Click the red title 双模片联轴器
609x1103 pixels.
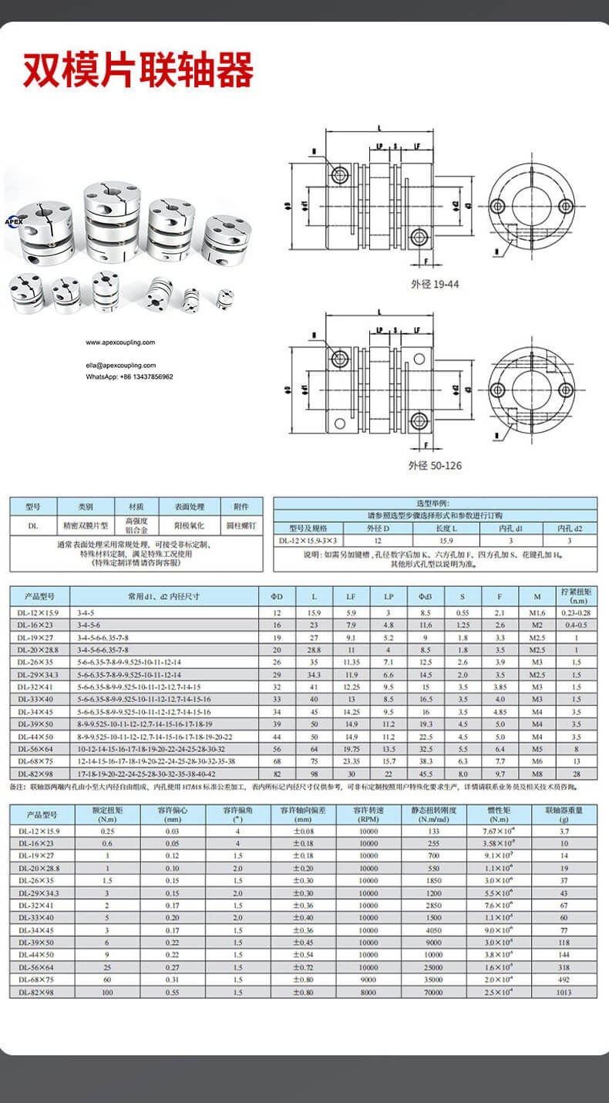pos(138,71)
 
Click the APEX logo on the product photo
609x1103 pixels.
pos(15,220)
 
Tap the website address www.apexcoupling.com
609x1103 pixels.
pos(119,342)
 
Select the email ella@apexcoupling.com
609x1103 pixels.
pos(120,366)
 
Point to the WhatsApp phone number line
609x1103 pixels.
pos(129,376)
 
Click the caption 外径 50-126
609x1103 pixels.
pos(436,466)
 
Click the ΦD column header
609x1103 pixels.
pos(278,596)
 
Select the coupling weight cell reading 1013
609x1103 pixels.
pos(564,991)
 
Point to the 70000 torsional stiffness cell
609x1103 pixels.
pos(432,991)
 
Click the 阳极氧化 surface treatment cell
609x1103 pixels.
pos(189,526)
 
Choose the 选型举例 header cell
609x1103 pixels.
pos(436,503)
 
